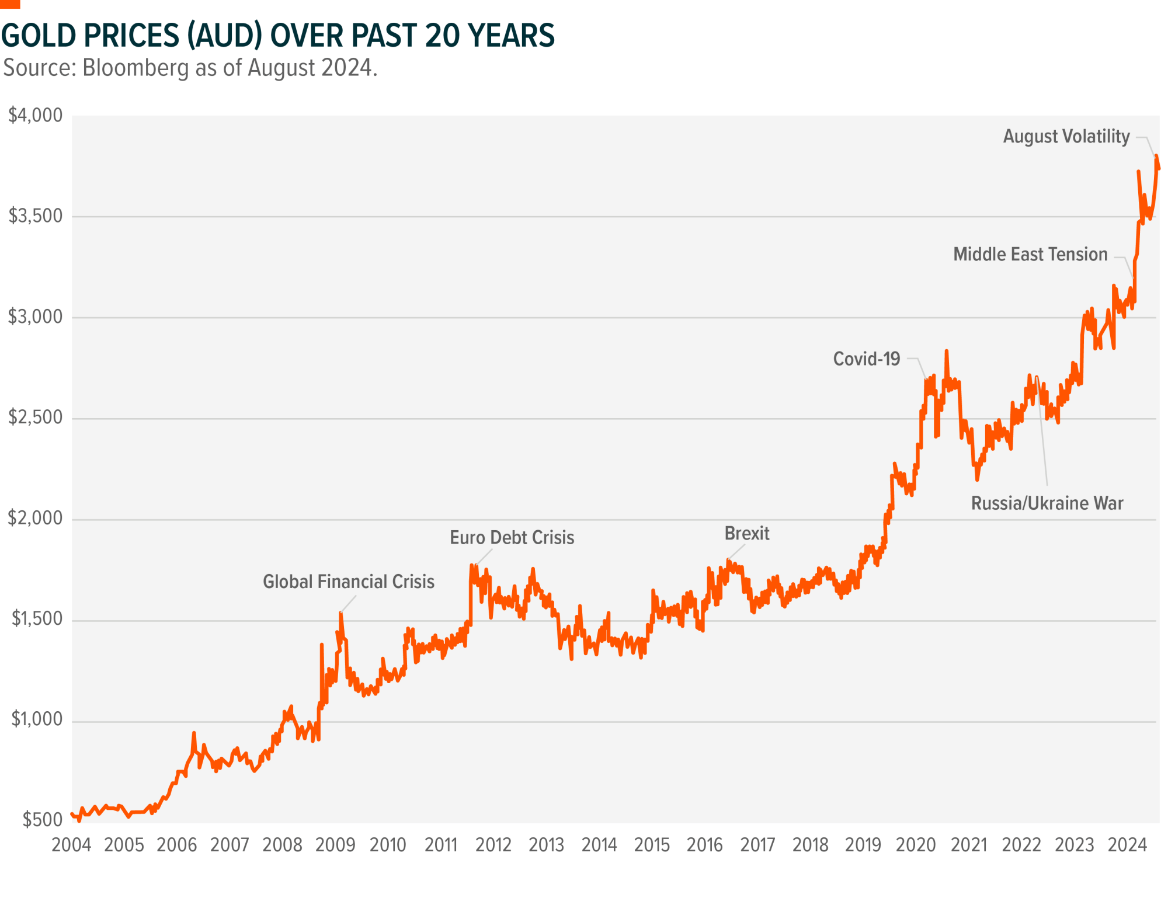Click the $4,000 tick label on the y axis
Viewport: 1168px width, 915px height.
(x=36, y=116)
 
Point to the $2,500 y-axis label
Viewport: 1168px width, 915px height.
(x=36, y=418)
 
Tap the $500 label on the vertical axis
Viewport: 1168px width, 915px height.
(x=43, y=820)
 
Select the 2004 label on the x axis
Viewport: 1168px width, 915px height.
(x=71, y=845)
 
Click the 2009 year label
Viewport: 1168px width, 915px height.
(x=335, y=845)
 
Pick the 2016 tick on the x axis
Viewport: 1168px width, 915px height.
(x=705, y=845)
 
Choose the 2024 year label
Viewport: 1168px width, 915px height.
(x=1127, y=845)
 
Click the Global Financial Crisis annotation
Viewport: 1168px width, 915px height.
(x=349, y=582)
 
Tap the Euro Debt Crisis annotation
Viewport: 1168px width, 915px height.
(x=512, y=537)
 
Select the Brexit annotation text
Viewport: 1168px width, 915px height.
(x=746, y=533)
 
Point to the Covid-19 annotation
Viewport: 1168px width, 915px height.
(x=867, y=359)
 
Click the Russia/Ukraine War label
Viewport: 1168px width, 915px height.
(x=1047, y=503)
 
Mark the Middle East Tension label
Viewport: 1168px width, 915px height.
(x=1030, y=255)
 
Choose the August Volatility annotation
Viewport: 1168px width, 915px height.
(x=1066, y=137)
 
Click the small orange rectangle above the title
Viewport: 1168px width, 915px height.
(x=10, y=4)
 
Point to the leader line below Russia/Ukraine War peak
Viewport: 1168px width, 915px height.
(x=1042, y=432)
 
